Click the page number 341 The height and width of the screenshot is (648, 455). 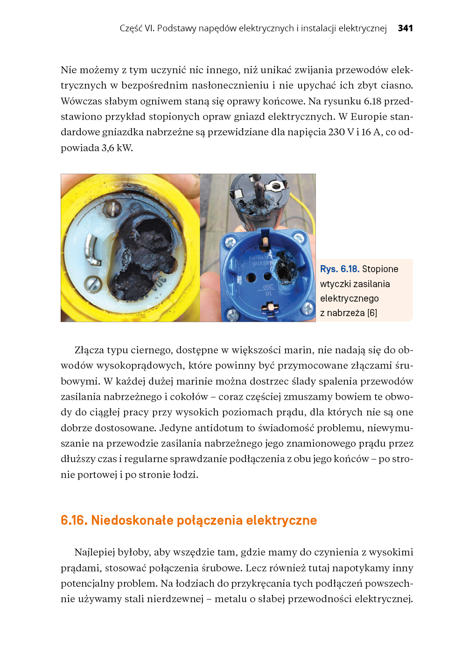coord(405,28)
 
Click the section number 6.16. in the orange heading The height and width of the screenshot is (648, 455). coord(74,520)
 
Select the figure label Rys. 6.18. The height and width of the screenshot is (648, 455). coord(339,269)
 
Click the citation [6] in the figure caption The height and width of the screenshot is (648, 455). coord(372,313)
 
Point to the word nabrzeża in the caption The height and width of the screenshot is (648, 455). coord(345,313)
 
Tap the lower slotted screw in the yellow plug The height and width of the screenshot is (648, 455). coord(92,283)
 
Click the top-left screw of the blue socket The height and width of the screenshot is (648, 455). coord(230,242)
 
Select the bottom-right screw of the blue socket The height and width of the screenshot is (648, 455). coord(307,308)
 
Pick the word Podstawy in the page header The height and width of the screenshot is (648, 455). coord(176,28)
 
